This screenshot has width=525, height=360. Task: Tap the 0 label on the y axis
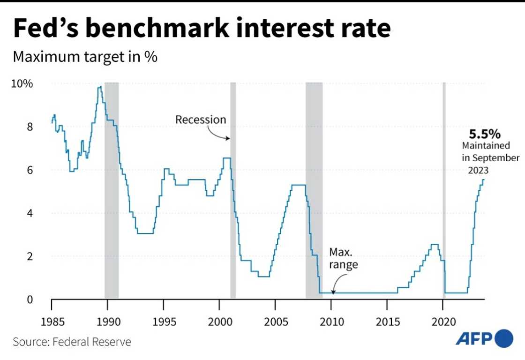pos(29,299)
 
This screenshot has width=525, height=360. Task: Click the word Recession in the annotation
pos(201,120)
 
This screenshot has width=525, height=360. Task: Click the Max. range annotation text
pos(343,258)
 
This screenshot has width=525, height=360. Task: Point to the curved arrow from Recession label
pos(218,134)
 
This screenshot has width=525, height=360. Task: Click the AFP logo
pos(484,338)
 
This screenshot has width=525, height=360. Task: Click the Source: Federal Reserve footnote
pos(72,342)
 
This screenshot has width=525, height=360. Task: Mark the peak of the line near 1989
pos(100,87)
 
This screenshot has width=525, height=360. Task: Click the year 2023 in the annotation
pos(478,171)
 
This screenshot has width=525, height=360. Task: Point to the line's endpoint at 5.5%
pos(484,180)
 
